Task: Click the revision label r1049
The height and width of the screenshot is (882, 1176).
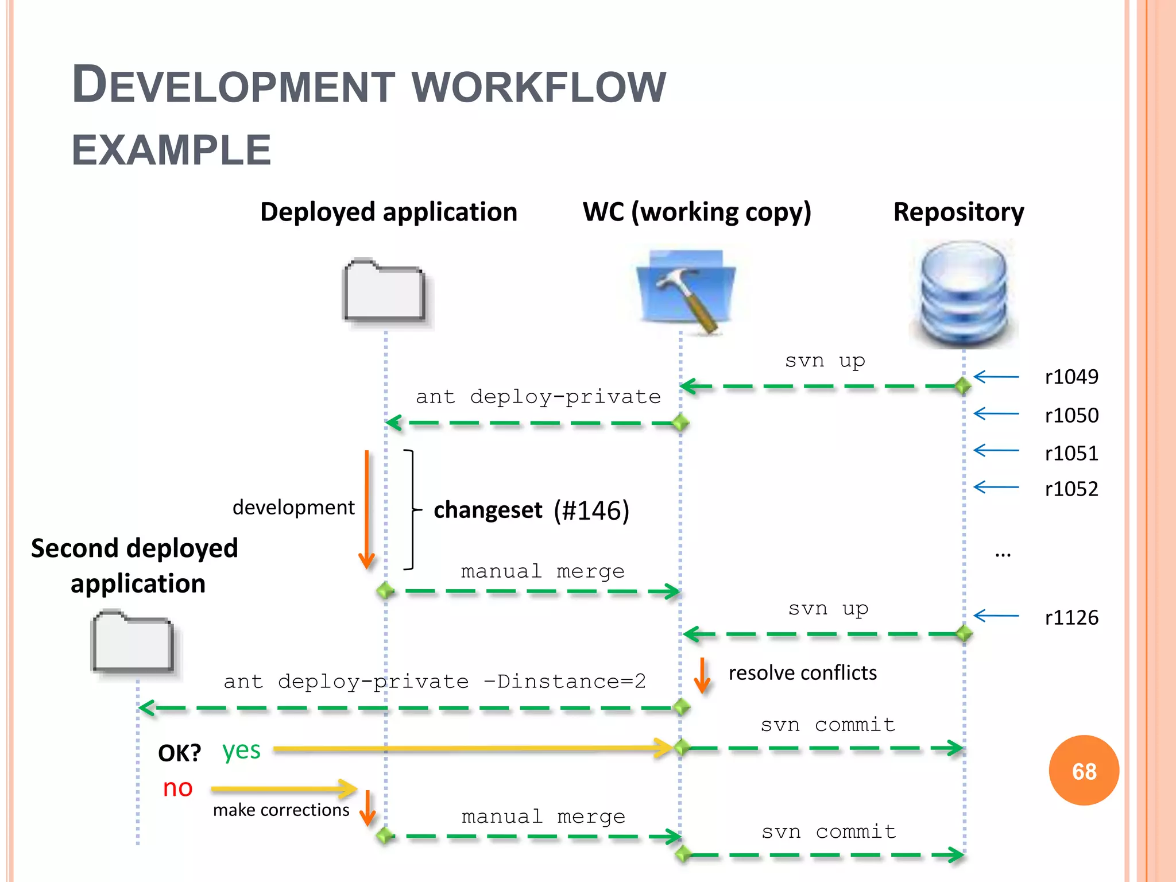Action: (1071, 377)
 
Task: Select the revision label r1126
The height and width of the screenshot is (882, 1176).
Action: (1071, 618)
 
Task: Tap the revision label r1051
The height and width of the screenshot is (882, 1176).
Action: (1071, 454)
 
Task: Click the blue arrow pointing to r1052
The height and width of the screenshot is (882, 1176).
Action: (996, 488)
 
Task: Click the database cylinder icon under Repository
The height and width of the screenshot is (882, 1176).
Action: (964, 294)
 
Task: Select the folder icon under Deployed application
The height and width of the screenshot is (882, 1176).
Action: (384, 291)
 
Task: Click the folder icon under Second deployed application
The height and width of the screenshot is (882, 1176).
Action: (133, 642)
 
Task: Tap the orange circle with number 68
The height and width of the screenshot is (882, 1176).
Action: (1084, 771)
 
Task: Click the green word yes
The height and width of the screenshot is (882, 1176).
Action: (241, 751)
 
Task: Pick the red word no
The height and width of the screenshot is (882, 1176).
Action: (177, 788)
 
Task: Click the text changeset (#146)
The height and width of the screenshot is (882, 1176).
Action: (531, 510)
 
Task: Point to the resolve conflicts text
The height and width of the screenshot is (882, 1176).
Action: (802, 673)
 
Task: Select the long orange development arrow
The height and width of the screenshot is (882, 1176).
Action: (366, 508)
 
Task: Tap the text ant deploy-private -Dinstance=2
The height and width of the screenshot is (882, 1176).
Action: (435, 682)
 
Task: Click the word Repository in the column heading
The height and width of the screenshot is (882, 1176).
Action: (958, 212)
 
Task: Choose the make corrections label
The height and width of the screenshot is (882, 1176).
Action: (281, 810)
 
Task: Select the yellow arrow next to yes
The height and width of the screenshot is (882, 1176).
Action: (471, 748)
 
